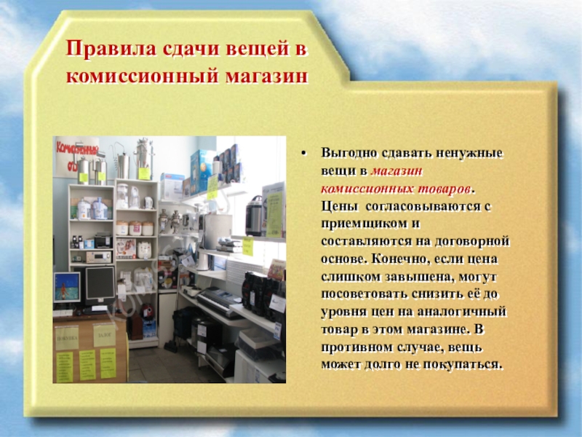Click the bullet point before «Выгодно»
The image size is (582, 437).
[x=304, y=154]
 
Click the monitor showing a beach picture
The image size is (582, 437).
[x=67, y=286]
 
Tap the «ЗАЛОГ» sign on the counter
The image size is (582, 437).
[x=104, y=336]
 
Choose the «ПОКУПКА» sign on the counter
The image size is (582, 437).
[x=67, y=339]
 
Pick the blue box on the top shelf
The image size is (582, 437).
[x=202, y=170]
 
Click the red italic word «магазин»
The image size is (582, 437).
[x=396, y=171]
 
